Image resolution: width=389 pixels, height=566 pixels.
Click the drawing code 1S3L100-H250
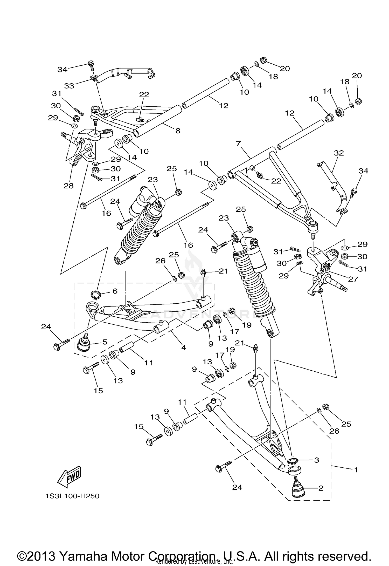point(72,496)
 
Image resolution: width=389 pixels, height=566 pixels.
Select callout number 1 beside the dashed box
point(356,469)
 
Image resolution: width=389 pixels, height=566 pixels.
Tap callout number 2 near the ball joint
point(321,488)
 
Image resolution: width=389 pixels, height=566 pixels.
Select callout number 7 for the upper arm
point(239,144)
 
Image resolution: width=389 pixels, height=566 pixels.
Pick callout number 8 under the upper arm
point(178,131)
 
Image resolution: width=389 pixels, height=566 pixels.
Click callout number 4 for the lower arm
point(184,347)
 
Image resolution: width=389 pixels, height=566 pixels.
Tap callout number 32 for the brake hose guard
point(339,153)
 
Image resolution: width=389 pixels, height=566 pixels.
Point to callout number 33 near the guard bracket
point(69,86)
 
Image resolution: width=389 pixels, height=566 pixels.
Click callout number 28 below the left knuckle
point(69,186)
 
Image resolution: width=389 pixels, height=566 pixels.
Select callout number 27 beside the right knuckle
point(353,279)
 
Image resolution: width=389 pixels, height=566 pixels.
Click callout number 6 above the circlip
point(115,291)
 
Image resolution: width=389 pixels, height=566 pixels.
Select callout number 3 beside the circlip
point(316,460)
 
